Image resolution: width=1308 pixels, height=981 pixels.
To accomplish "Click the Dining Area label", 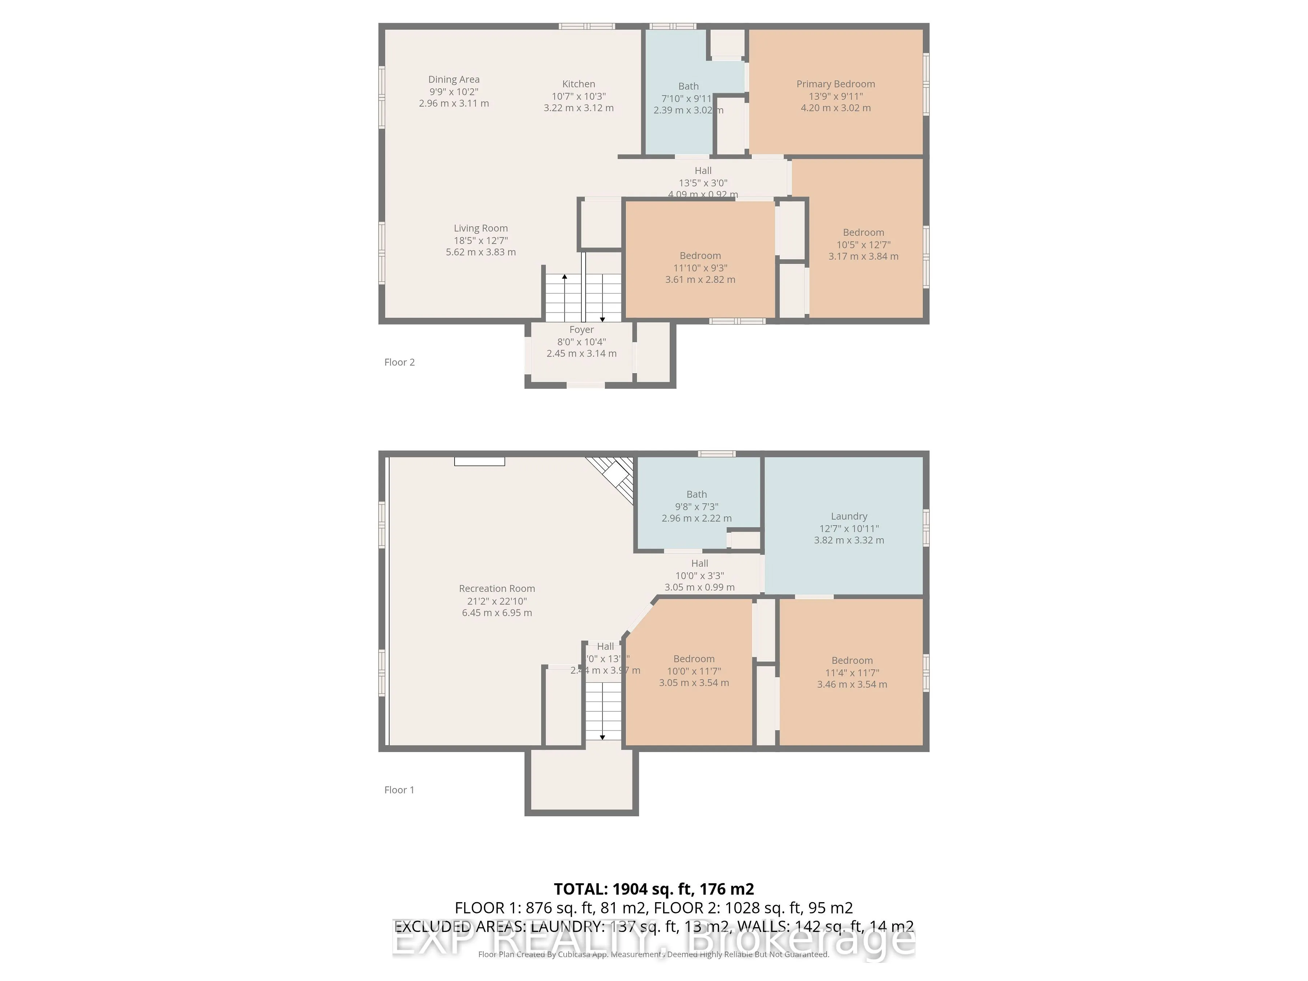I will pyautogui.click(x=453, y=79).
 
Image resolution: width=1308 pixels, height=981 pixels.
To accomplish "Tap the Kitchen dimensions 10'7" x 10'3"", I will pyautogui.click(x=578, y=96).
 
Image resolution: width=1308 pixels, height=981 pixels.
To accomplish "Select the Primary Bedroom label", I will pyautogui.click(x=835, y=84).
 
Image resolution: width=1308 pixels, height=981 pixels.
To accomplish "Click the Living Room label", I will pyautogui.click(x=480, y=228).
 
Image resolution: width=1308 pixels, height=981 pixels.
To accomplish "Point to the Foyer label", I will pyautogui.click(x=581, y=330).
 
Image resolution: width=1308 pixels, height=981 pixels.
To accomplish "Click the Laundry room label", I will pyautogui.click(x=848, y=516).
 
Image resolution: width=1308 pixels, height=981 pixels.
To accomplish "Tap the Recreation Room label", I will pyautogui.click(x=497, y=588).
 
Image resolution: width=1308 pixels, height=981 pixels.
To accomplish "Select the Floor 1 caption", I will pyautogui.click(x=399, y=790).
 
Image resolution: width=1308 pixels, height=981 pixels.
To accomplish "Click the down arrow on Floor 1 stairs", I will pyautogui.click(x=602, y=737).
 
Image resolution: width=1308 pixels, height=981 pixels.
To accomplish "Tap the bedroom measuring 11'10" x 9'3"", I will pyautogui.click(x=700, y=267).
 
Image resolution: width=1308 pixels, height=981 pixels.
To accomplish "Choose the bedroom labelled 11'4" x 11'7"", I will pyautogui.click(x=852, y=672).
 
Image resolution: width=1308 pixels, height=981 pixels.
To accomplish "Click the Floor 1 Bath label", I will pyautogui.click(x=696, y=494).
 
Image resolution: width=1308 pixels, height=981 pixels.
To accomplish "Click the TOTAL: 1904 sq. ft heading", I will pyautogui.click(x=653, y=889).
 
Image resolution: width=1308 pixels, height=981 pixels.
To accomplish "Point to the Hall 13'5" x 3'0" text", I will pyautogui.click(x=702, y=183).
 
